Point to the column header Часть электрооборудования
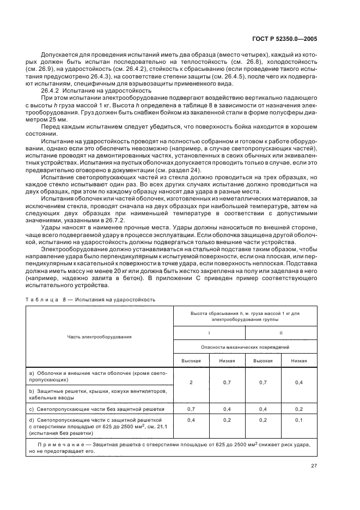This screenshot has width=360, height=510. point(100,336)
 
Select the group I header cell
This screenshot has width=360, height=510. point(209,332)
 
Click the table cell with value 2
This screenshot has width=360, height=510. point(191,382)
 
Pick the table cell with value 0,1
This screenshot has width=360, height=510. point(299,420)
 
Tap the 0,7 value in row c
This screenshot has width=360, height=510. point(191,408)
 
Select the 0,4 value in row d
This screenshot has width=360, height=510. point(191,420)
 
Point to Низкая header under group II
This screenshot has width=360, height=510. point(299,361)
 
